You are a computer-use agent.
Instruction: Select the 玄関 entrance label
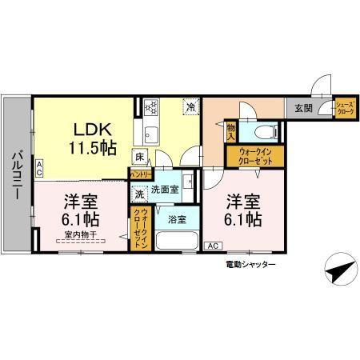click(302, 109)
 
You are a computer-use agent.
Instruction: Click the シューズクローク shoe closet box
click(345, 109)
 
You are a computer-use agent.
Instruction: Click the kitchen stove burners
click(151, 106)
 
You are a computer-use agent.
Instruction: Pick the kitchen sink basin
click(150, 131)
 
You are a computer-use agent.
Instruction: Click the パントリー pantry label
click(142, 174)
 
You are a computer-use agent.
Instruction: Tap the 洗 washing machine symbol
click(139, 193)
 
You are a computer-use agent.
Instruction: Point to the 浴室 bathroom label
click(176, 218)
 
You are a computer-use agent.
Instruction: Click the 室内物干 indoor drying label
click(80, 235)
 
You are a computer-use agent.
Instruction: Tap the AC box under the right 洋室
click(213, 246)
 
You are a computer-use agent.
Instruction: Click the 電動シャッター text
click(250, 264)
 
